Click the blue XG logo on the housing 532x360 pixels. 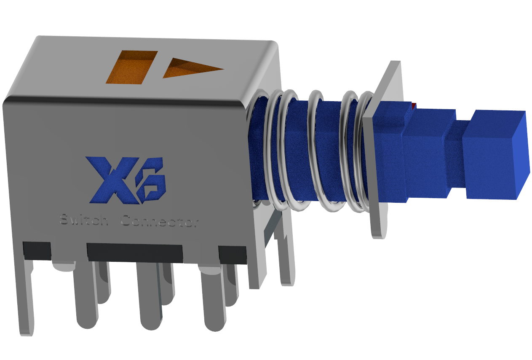(126, 180)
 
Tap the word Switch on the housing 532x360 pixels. (84, 220)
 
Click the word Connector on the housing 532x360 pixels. (160, 221)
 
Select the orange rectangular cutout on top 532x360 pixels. (132, 67)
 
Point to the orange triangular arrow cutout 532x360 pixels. (192, 68)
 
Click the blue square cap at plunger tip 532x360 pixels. (496, 154)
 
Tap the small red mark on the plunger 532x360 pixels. (414, 106)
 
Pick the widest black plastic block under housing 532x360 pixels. (135, 253)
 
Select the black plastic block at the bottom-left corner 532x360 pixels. (37, 251)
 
